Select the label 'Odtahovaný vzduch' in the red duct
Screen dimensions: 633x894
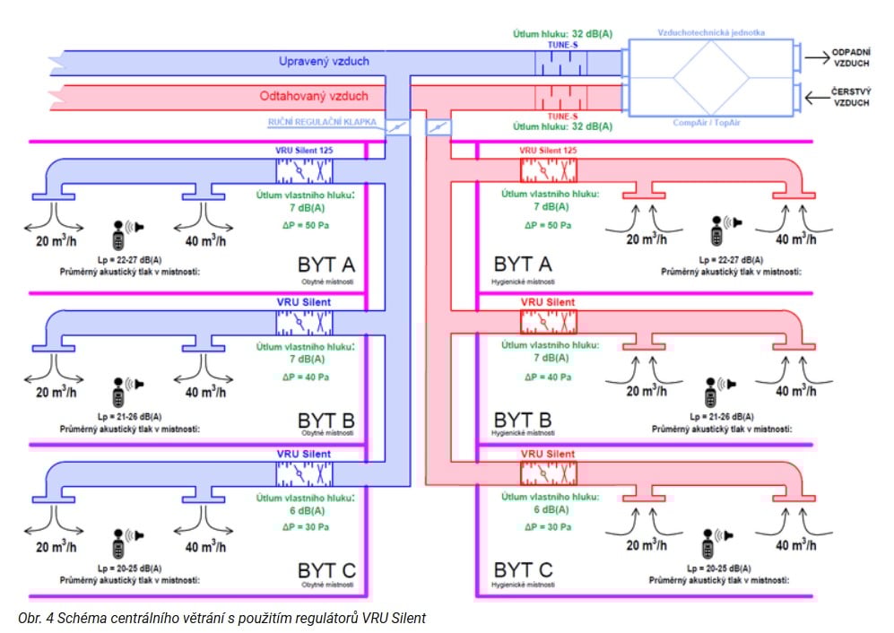tap(314, 95)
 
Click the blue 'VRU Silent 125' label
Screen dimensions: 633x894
tap(304, 151)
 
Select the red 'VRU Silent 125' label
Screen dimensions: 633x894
tap(548, 151)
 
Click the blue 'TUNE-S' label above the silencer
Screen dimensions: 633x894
tap(561, 44)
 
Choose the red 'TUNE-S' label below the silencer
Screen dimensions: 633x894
tap(561, 116)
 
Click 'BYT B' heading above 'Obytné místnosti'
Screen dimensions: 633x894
tap(325, 421)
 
